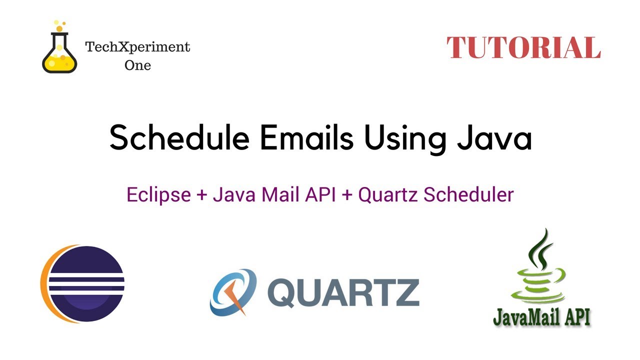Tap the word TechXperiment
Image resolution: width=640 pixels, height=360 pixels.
[x=137, y=47]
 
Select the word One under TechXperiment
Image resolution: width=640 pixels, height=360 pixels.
[x=137, y=65]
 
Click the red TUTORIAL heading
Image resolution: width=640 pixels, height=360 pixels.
[x=523, y=48]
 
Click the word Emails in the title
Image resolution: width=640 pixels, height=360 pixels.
[x=305, y=138]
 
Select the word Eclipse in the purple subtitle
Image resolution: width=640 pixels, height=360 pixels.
[x=158, y=195]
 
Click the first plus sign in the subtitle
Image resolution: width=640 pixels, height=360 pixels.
[x=202, y=195]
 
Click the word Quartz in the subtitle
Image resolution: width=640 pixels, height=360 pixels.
[x=388, y=195]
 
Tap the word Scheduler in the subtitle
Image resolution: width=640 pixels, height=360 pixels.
[x=468, y=194]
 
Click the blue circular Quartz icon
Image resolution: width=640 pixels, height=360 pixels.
[x=233, y=292]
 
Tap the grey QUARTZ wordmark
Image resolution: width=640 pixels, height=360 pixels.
[x=343, y=292]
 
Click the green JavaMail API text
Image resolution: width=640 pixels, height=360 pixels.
[x=541, y=316]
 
